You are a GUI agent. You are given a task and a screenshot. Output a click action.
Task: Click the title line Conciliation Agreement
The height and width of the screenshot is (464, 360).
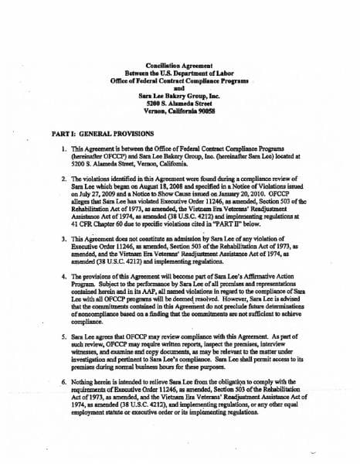pos(180,67)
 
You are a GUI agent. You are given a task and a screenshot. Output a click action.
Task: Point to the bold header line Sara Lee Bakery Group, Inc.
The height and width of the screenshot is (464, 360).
pos(179,94)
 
